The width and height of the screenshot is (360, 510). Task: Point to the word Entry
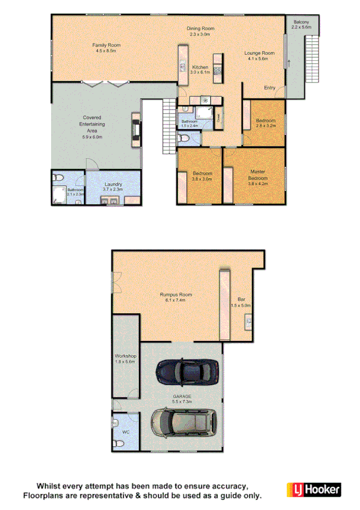pos(270,88)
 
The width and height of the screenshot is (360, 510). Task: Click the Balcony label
pos(301,22)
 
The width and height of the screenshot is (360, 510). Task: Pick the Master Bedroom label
pos(258,175)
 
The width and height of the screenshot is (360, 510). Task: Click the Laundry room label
pos(113,185)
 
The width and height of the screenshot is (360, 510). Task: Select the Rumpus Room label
pos(175,294)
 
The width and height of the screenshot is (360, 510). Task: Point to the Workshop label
pos(126,356)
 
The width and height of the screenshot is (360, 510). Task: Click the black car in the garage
pos(188,369)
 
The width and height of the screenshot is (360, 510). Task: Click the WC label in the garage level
pos(126,431)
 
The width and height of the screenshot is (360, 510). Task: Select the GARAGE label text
pos(182,397)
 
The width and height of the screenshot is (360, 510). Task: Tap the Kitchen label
pos(200,67)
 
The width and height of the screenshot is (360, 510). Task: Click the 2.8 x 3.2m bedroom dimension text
pos(266,126)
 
